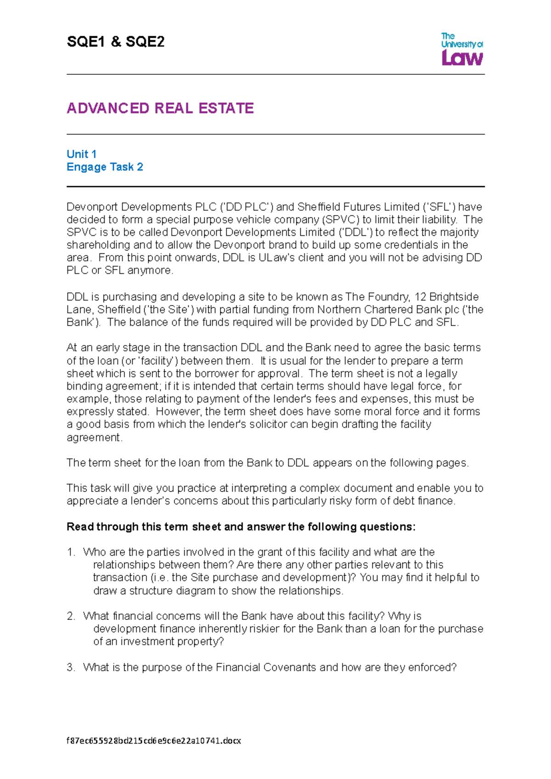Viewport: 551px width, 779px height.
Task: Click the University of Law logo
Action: click(461, 49)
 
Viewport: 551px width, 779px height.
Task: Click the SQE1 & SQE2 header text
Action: click(115, 42)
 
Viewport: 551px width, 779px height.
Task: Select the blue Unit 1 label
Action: click(81, 154)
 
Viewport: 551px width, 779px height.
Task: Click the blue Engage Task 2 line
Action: click(105, 167)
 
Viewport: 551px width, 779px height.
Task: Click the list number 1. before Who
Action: click(71, 552)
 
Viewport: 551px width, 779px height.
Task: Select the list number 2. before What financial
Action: click(71, 616)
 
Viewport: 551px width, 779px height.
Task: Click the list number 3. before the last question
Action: click(71, 668)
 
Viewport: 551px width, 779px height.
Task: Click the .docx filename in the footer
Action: click(154, 740)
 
